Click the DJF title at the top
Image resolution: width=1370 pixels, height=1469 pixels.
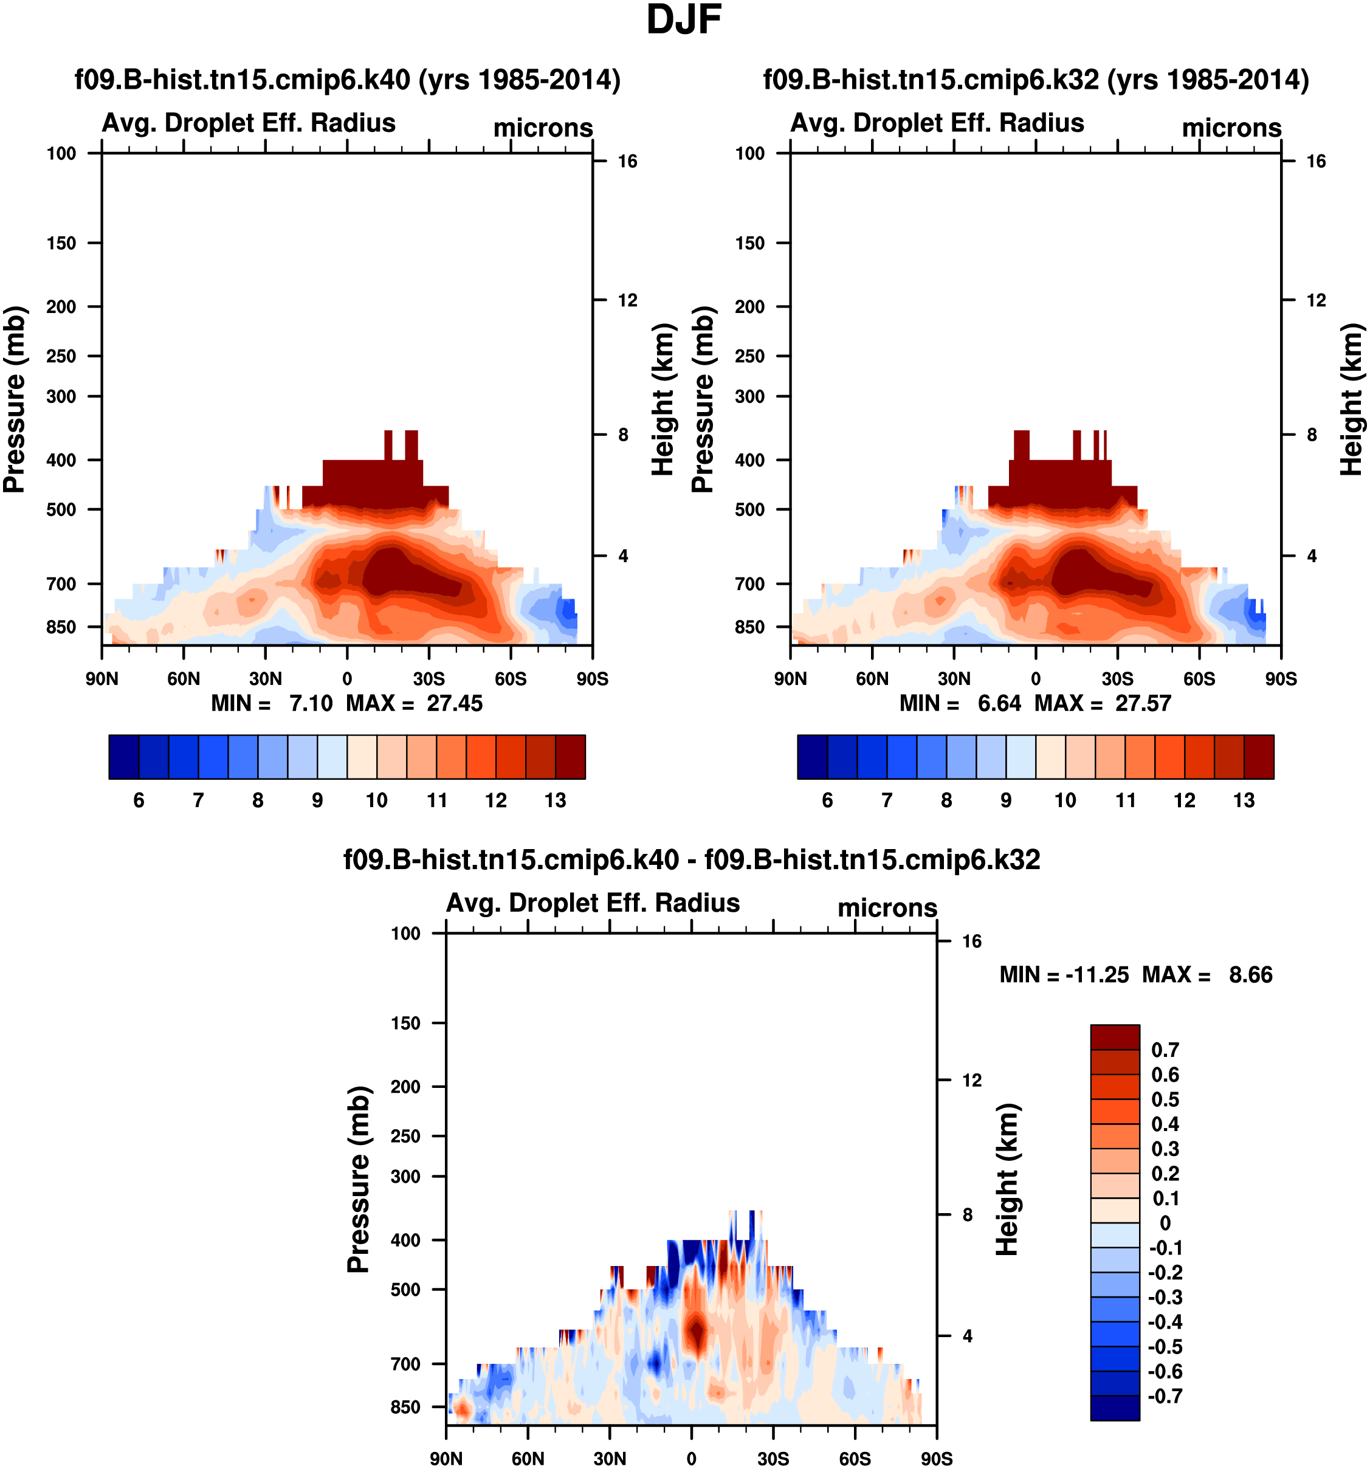[x=684, y=20]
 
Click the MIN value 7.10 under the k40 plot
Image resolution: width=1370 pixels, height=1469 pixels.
[x=311, y=703]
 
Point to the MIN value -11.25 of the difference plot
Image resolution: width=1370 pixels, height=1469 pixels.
[x=1096, y=975]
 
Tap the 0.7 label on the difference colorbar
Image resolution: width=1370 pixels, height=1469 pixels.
[x=1165, y=1050]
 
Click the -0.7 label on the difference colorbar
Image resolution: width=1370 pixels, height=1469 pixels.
[x=1165, y=1396]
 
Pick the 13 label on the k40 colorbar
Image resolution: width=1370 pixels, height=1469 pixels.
[x=555, y=800]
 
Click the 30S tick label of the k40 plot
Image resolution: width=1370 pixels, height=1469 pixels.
[x=429, y=679]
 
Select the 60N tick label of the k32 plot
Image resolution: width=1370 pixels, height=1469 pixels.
[x=872, y=679]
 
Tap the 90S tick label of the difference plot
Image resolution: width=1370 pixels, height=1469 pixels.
[x=936, y=1459]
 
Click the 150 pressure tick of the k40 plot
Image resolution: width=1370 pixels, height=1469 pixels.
[x=61, y=243]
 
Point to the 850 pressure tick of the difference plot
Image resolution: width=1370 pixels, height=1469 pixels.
[x=405, y=1407]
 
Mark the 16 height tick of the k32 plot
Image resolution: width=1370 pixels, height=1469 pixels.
[x=1316, y=161]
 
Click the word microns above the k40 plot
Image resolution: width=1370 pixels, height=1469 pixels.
[x=543, y=128]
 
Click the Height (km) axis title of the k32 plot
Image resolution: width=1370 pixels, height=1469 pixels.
[x=1352, y=399]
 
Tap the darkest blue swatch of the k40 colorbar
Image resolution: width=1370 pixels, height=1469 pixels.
[x=123, y=757]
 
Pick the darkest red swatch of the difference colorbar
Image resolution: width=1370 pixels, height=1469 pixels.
[x=1114, y=1037]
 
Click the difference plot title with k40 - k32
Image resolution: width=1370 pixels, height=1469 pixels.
[x=692, y=859]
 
